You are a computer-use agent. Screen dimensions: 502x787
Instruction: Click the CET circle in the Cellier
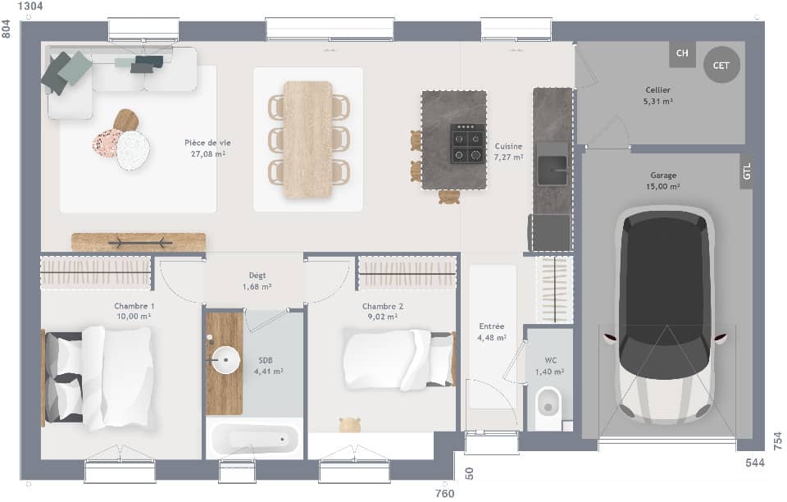point(721,65)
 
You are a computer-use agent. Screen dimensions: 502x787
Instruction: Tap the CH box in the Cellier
point(681,54)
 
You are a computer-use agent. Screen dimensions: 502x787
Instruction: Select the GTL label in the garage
point(746,171)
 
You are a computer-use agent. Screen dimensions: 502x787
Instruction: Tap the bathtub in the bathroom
point(253,440)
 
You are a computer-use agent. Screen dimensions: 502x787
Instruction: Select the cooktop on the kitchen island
point(467,144)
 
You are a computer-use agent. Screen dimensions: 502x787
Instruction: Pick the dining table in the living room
point(308,139)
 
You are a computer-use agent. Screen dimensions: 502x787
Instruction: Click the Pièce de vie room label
point(207,143)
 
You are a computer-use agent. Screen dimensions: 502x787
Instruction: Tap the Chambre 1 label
point(134,306)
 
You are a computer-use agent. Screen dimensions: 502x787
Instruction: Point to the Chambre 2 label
point(383,306)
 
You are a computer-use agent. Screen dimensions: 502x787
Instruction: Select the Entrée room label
point(491,326)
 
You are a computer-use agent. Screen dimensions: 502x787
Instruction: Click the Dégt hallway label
point(257,276)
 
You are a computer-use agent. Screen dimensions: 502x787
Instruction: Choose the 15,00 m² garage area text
point(663,186)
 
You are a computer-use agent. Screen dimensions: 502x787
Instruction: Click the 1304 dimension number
point(30,7)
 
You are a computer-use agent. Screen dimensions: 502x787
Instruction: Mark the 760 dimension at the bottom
point(444,493)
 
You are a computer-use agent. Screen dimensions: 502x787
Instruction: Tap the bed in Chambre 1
point(98,377)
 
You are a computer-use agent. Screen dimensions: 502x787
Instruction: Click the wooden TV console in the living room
point(139,242)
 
